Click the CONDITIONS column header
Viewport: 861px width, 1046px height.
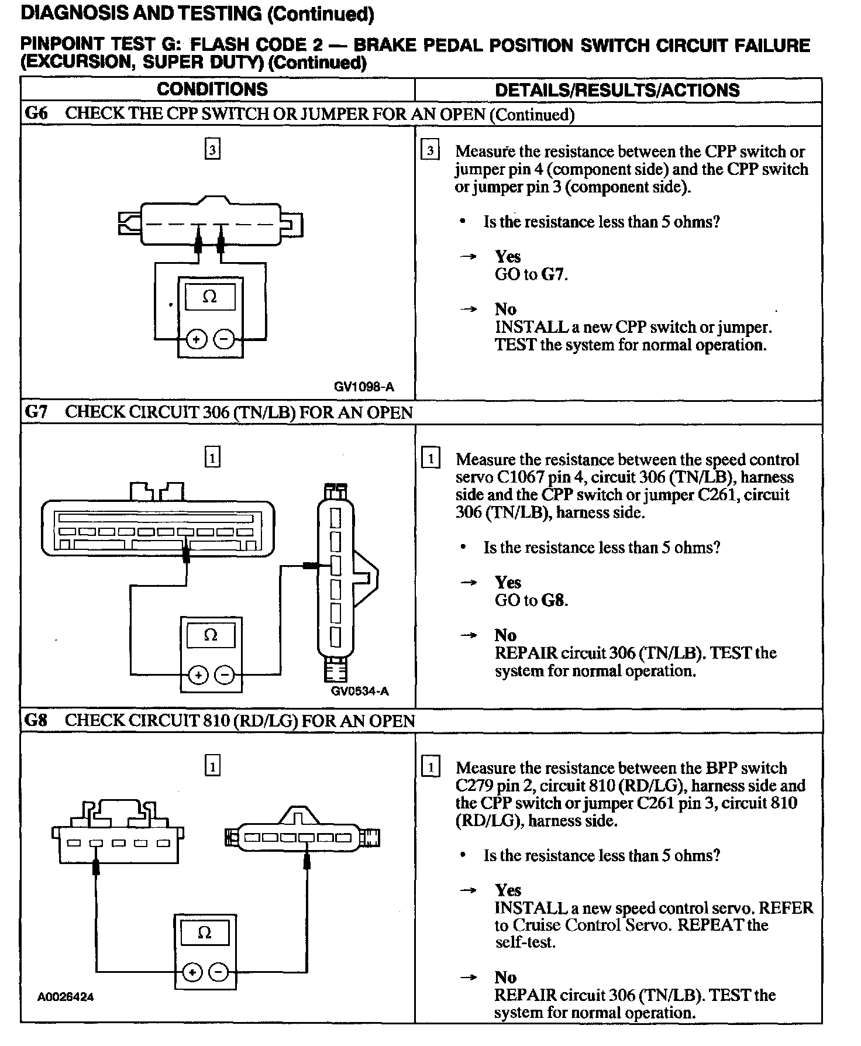212,89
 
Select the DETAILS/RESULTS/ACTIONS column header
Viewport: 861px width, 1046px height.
617,90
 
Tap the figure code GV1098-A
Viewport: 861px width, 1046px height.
364,387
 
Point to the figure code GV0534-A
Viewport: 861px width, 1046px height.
360,691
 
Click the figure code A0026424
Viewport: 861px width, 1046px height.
66,996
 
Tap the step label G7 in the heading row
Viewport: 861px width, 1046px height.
36,412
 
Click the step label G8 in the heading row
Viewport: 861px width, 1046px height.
36,720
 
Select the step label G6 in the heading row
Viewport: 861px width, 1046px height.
36,113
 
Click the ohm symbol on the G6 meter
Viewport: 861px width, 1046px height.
209,297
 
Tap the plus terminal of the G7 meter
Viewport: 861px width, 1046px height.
198,676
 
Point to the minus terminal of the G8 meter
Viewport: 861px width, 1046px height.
218,972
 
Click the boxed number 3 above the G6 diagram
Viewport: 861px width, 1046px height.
212,150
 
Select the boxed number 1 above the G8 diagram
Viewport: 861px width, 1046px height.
212,766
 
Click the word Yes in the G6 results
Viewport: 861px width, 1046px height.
507,256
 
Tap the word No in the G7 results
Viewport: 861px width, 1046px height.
505,635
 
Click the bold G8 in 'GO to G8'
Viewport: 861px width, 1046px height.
554,600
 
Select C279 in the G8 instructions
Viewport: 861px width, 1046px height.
473,785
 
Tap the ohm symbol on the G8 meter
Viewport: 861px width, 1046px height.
205,933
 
